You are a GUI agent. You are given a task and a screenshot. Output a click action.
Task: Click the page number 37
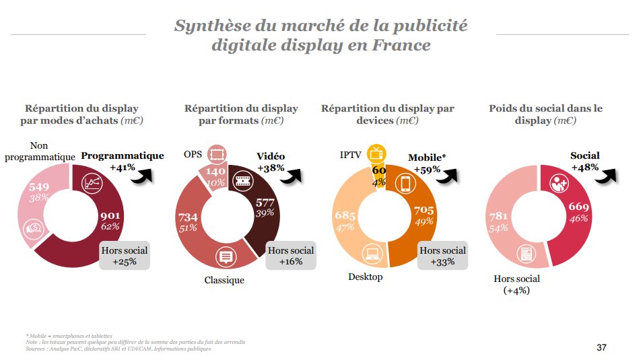pyautogui.click(x=601, y=347)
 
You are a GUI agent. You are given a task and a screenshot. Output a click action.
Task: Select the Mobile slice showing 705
pyautogui.click(x=423, y=215)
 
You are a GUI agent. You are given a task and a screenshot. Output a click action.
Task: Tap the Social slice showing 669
pyautogui.click(x=578, y=211)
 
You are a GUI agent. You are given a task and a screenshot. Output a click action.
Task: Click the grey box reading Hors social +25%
pyautogui.click(x=124, y=256)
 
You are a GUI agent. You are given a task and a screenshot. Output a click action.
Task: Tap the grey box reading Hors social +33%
pyautogui.click(x=442, y=256)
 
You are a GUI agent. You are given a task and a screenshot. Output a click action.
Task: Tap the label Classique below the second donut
pyautogui.click(x=224, y=280)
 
